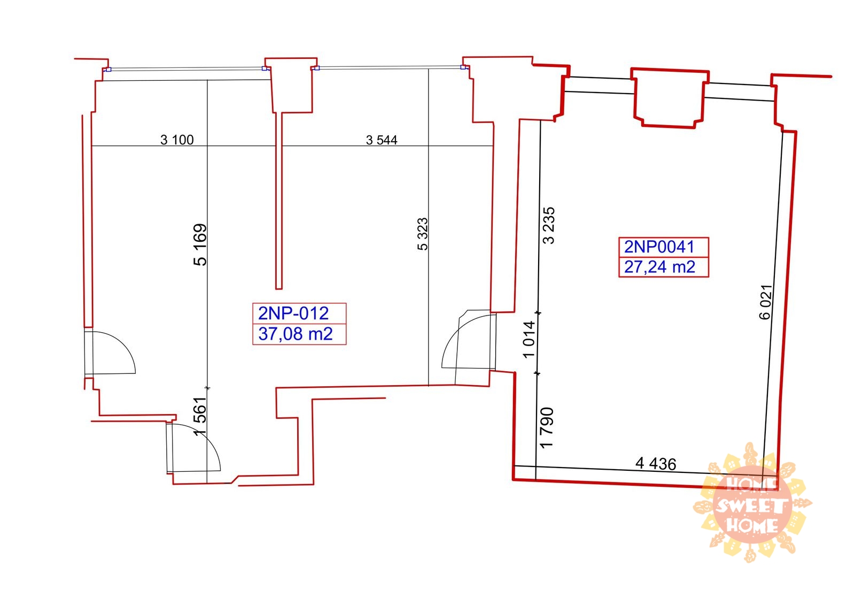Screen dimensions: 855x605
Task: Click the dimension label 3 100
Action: pos(177,140)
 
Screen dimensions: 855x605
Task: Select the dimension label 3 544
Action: pos(382,140)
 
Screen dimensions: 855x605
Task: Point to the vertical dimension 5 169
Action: pos(200,244)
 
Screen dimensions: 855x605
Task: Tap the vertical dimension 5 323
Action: pos(423,234)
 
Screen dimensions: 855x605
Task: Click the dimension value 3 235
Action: pos(549,226)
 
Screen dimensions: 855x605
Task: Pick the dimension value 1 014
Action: pos(529,340)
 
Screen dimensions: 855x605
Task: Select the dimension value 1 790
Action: pos(547,427)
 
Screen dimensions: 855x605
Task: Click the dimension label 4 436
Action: pos(656,464)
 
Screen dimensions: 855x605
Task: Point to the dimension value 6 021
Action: pos(766,302)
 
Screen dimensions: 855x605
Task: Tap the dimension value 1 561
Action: pos(200,416)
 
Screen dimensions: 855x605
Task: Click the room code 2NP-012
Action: pos(293,313)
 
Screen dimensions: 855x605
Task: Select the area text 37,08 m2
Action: pos(296,334)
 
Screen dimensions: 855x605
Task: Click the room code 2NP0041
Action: pos(659,247)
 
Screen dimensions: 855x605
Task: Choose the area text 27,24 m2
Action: pos(659,267)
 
